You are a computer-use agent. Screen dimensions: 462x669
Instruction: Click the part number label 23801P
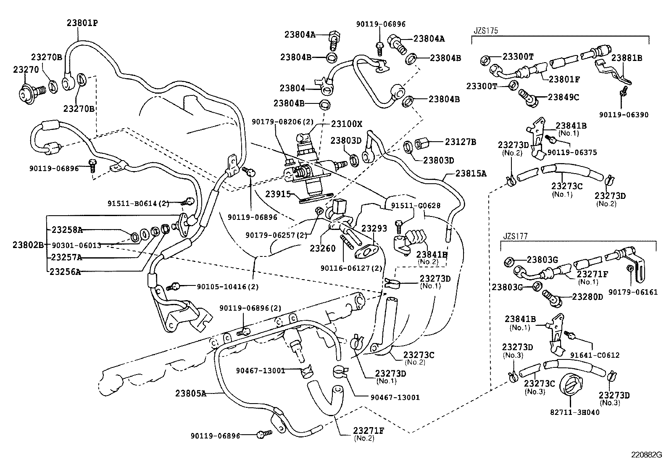click(x=82, y=23)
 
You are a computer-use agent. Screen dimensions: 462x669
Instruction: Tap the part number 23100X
click(x=347, y=124)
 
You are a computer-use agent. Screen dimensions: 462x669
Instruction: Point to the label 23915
click(x=278, y=194)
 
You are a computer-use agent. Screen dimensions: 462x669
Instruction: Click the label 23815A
click(x=471, y=173)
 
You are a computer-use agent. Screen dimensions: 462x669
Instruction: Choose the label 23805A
click(x=191, y=393)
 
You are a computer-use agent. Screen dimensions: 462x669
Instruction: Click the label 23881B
click(x=627, y=58)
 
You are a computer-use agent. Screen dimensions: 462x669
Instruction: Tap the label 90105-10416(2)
click(x=227, y=287)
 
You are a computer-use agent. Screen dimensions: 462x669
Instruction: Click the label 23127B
click(x=461, y=142)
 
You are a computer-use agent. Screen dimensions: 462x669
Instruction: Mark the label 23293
click(x=374, y=228)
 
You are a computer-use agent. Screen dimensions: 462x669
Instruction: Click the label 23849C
click(x=564, y=97)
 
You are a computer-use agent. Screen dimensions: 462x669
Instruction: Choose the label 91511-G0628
click(x=409, y=206)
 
